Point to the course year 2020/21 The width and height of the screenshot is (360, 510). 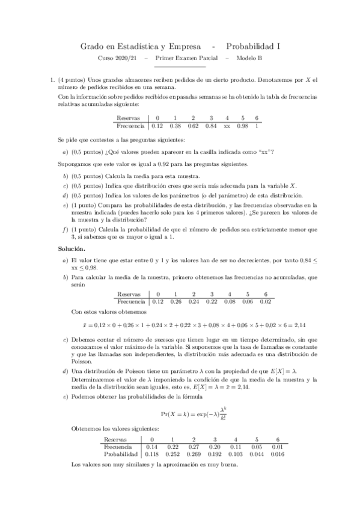click(127, 58)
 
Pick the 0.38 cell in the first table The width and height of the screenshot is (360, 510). click(175, 126)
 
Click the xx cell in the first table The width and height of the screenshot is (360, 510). click(227, 126)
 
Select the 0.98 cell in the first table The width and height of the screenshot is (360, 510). click(243, 126)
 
